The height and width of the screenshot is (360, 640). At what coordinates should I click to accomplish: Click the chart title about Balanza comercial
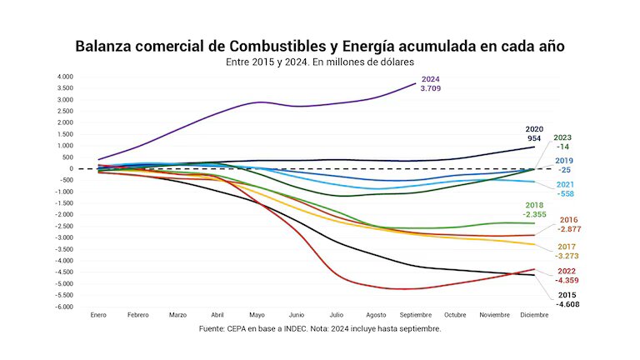(320, 45)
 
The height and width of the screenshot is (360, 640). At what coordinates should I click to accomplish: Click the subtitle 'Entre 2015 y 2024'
(320, 62)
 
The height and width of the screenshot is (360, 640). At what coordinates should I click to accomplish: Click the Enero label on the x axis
(99, 315)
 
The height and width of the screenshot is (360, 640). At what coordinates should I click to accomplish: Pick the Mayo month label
(257, 315)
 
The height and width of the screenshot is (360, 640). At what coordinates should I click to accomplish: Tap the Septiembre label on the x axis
(415, 315)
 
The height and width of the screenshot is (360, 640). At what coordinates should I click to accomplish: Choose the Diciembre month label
(534, 315)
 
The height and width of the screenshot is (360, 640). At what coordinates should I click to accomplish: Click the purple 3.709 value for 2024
(430, 87)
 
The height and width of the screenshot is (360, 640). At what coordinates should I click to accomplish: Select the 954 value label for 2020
(533, 138)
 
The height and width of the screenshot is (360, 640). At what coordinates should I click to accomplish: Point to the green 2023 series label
(562, 137)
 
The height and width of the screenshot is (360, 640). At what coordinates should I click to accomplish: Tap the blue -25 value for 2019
(564, 170)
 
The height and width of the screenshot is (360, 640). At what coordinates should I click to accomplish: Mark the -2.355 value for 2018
(535, 214)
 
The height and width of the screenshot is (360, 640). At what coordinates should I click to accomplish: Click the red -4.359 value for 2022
(567, 281)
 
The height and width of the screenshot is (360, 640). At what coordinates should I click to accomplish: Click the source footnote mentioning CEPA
(320, 329)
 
